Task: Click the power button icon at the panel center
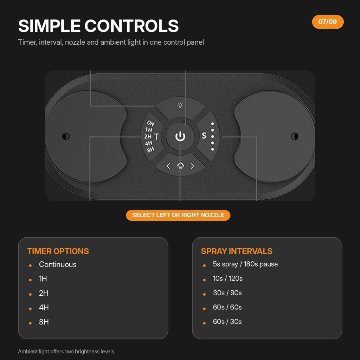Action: click(180, 136)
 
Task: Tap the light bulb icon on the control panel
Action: click(180, 105)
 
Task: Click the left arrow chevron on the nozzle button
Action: click(168, 166)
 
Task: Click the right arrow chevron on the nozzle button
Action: click(192, 166)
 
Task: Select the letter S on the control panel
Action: click(204, 136)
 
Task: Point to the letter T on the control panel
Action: click(156, 137)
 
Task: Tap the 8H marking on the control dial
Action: click(150, 150)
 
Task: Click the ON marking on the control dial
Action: click(150, 123)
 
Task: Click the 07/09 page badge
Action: click(328, 22)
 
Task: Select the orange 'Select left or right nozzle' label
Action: click(178, 215)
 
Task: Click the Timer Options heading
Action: click(58, 251)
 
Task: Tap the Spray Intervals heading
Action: click(237, 251)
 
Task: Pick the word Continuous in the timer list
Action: click(58, 264)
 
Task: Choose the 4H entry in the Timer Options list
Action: click(44, 307)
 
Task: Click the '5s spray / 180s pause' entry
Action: click(245, 264)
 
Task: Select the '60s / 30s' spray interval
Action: click(227, 322)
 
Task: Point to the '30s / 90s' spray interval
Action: click(227, 293)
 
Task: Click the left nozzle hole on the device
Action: click(66, 136)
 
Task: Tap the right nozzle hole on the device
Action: click(295, 136)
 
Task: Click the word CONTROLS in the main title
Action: click(131, 26)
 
